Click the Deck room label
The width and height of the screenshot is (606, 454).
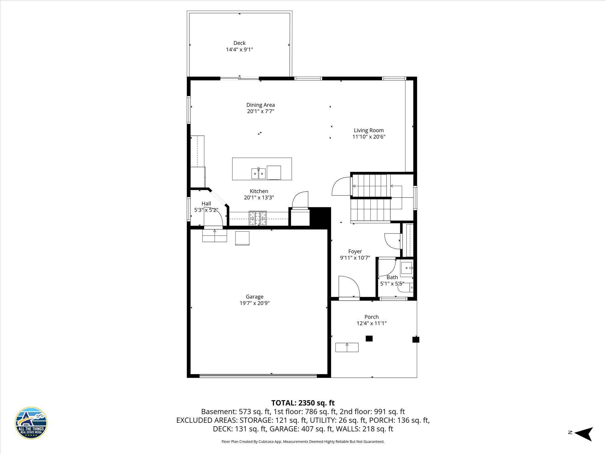pos(239,43)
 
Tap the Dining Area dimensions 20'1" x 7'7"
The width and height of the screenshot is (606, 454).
pos(260,111)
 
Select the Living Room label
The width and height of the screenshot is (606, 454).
pos(369,130)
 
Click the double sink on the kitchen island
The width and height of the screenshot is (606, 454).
pos(258,174)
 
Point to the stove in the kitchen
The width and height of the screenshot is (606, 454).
pos(258,218)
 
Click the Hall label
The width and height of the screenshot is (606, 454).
pos(206,203)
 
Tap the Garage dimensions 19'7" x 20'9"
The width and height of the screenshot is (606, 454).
pos(254,303)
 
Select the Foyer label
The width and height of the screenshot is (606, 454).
pos(355,251)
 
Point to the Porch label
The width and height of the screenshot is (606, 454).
pos(371,317)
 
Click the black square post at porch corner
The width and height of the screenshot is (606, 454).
pos(416,340)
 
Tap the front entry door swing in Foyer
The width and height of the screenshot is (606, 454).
pos(349,287)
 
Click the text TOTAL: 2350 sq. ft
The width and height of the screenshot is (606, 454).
pos(303,403)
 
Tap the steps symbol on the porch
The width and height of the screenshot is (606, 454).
pos(347,347)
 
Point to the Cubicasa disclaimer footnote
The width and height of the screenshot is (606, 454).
pos(303,442)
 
